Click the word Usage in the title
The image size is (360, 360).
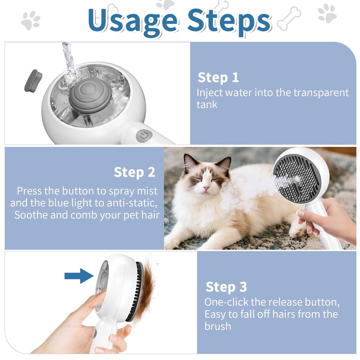coord(132,21)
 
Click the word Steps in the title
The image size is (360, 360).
coord(229,21)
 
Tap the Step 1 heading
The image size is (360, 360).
coord(218,77)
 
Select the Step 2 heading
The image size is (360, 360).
coord(135,172)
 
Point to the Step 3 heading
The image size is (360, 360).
coord(226,287)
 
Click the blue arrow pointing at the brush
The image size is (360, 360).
coord(79,276)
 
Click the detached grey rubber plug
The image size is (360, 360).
coord(33,81)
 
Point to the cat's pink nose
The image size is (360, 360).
coord(207,188)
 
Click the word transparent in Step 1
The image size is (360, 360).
coord(321,93)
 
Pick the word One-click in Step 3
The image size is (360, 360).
coord(226,302)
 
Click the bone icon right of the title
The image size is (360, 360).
coord(288,19)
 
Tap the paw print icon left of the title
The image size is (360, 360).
coord(31,20)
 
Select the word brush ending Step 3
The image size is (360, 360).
coord(218,326)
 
